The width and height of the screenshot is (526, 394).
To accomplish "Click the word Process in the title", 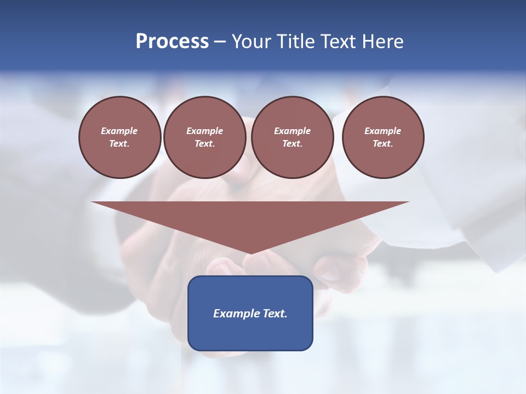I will coord(172,42).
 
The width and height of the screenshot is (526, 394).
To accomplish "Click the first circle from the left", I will coord(119,137).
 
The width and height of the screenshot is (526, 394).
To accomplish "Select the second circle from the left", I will coord(204,137).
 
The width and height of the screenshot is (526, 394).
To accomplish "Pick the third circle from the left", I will coord(292,137).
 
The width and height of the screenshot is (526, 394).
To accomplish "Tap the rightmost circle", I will coord(383,137).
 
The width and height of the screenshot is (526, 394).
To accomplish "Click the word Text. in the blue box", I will coord(275,314).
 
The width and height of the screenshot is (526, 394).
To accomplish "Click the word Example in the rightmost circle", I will coord(383,131).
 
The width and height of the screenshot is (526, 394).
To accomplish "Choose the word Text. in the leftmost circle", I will coord(119,144).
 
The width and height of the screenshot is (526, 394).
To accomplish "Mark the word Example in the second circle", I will coord(204,131).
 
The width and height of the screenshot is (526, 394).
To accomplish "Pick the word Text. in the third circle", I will coord(292,144).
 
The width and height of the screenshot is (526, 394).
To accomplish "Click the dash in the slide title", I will coord(220,42).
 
